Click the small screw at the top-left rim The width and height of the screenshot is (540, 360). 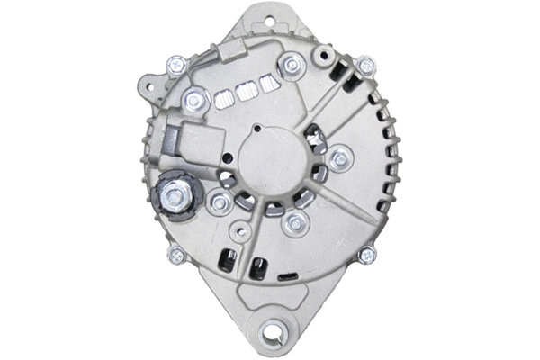pyautogui.click(x=176, y=65)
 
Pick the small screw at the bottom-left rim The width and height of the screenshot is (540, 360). pyautogui.click(x=176, y=256)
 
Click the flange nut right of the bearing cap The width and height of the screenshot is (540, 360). pyautogui.click(x=339, y=160)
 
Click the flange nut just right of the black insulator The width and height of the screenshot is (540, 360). pyautogui.click(x=218, y=202)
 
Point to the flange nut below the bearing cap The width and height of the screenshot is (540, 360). pyautogui.click(x=292, y=224)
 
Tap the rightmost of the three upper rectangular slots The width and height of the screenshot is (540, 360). pyautogui.click(x=267, y=85)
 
